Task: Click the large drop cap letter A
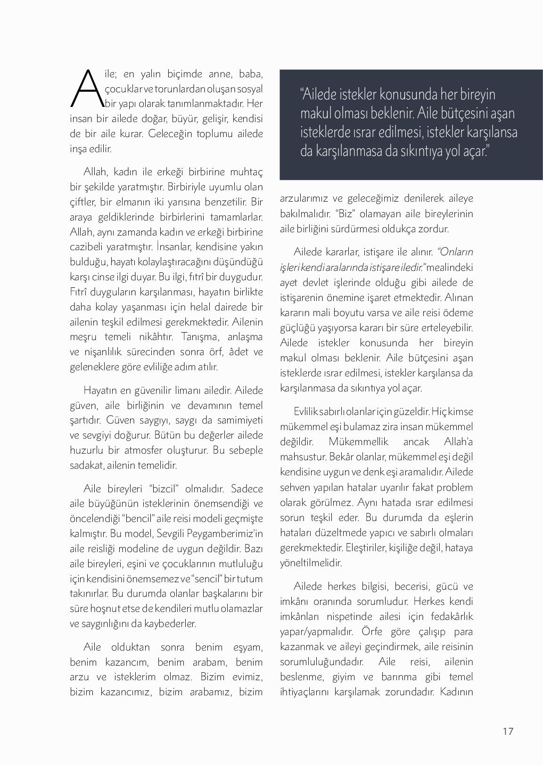pos(86,88)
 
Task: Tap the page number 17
pos(508,731)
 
